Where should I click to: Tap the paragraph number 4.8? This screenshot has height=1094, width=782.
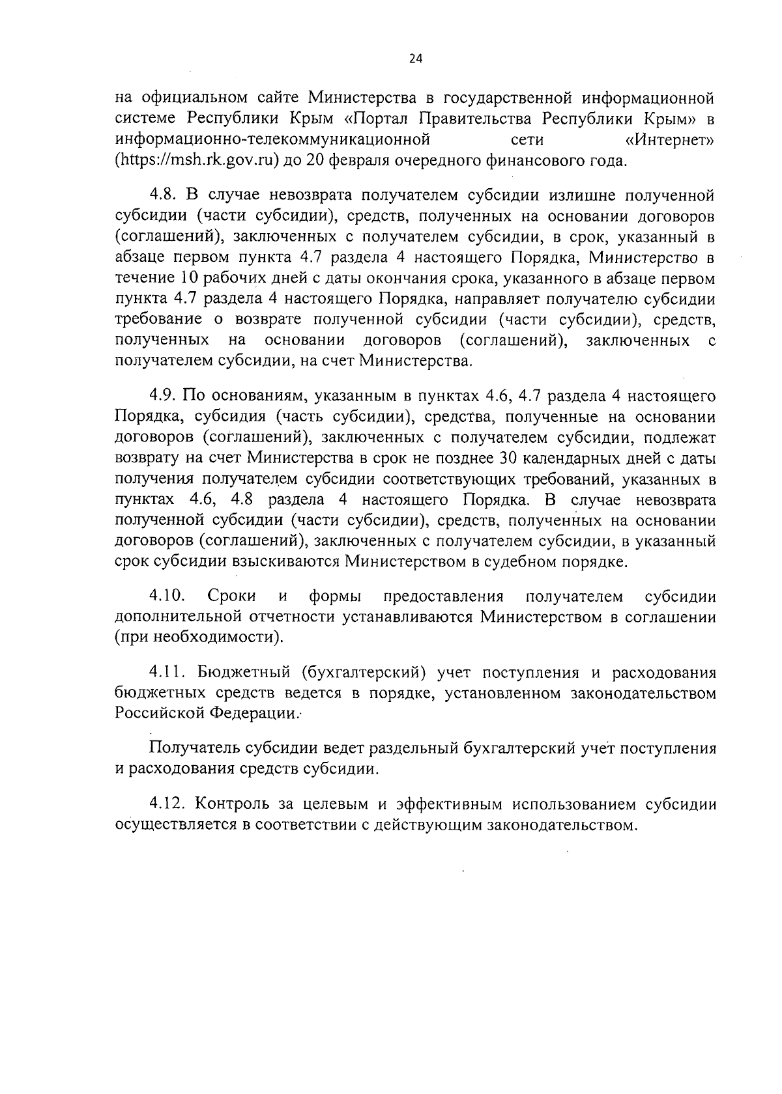(x=163, y=195)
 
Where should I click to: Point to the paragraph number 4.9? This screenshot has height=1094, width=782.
(x=163, y=395)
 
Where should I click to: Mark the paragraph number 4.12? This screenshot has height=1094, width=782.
(x=167, y=804)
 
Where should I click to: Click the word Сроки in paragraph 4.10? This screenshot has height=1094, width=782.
(x=231, y=596)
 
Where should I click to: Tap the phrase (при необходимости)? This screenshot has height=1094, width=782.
(x=199, y=637)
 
